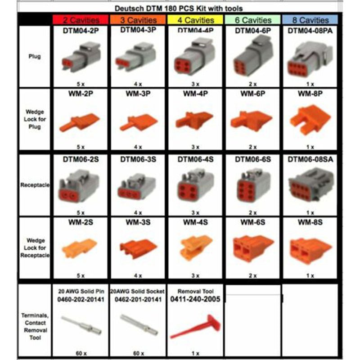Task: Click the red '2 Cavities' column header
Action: click(x=80, y=20)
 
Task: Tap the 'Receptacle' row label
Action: click(x=35, y=184)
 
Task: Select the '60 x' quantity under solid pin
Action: click(x=80, y=353)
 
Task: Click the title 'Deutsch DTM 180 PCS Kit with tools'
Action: click(x=179, y=8)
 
